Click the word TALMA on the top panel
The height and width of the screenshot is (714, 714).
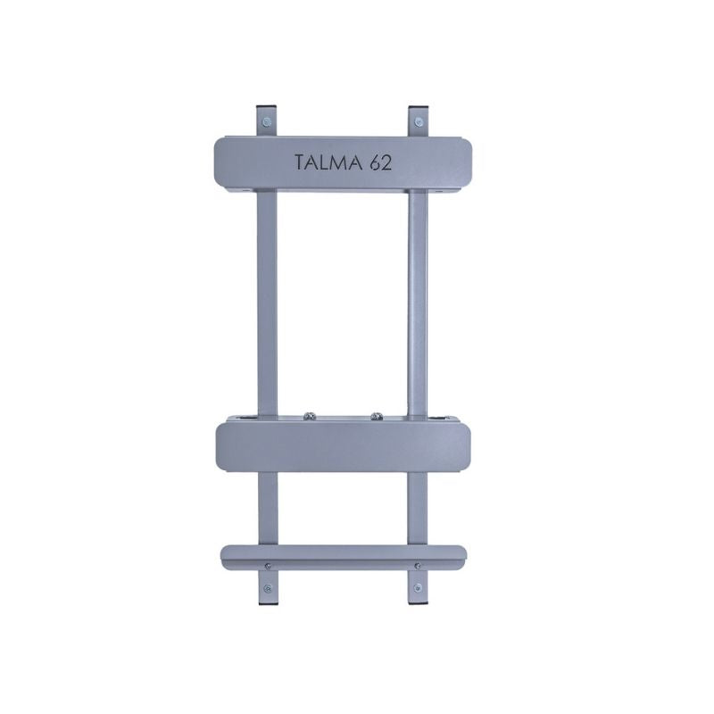325,162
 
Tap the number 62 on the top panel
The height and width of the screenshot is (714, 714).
378,162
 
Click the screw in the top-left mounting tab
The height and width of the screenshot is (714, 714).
265,120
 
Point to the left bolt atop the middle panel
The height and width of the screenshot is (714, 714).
310,415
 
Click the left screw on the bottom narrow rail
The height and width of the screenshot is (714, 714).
269,565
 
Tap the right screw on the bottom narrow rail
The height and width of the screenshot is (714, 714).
417,565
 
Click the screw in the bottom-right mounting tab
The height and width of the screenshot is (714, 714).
417,587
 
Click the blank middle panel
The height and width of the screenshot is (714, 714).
344,447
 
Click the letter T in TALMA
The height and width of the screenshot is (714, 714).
300,162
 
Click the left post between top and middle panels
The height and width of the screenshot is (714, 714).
267,303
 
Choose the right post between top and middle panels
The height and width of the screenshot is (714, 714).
417,303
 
